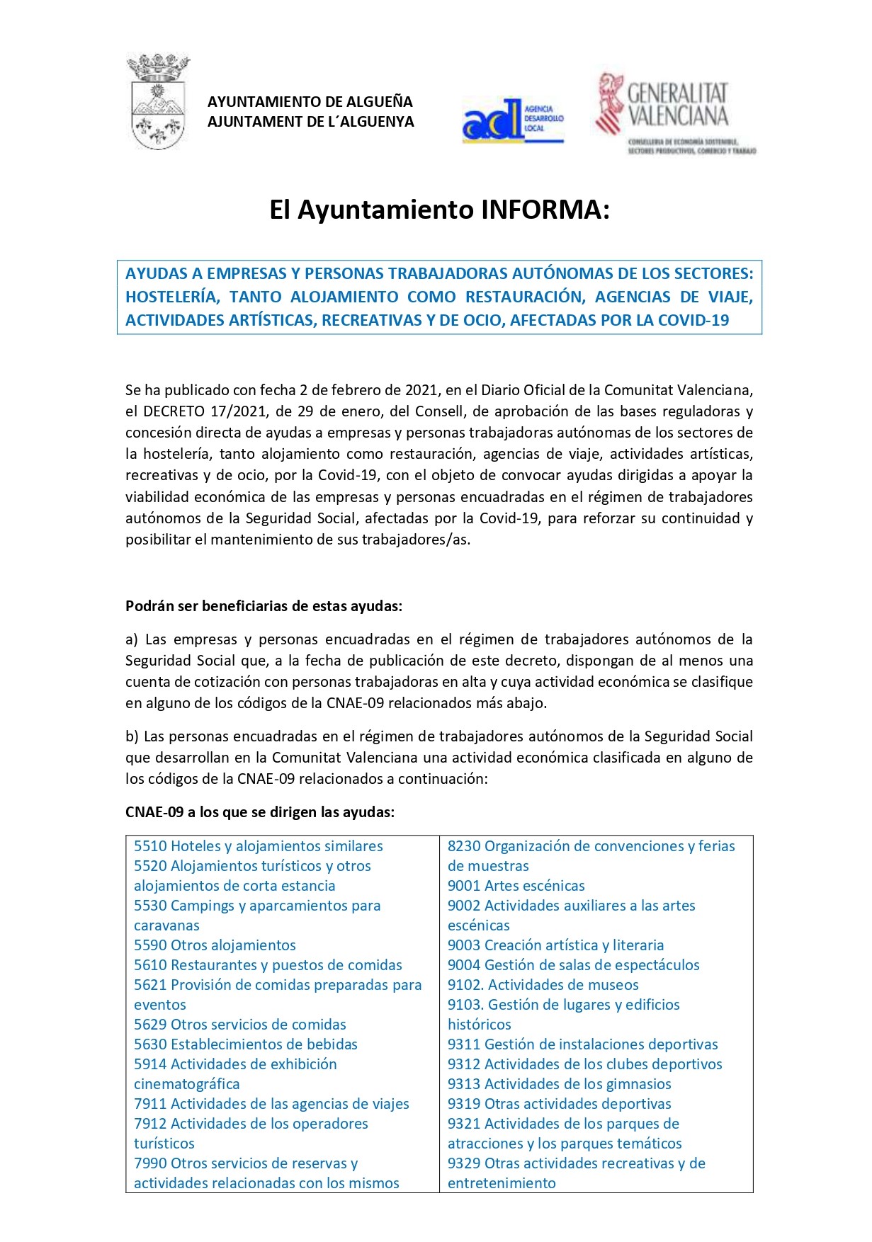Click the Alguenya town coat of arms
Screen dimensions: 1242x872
pos(158,102)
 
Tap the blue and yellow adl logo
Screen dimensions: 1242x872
pos(512,121)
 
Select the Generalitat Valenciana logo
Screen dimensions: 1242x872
pos(676,113)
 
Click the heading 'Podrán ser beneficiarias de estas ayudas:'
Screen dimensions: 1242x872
pos(264,606)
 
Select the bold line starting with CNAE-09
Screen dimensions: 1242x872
pos(260,812)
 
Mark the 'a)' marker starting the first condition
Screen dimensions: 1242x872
pos(132,639)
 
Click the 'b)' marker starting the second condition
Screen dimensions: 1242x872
pos(132,736)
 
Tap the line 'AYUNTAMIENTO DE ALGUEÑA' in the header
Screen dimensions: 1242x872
pos(310,102)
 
